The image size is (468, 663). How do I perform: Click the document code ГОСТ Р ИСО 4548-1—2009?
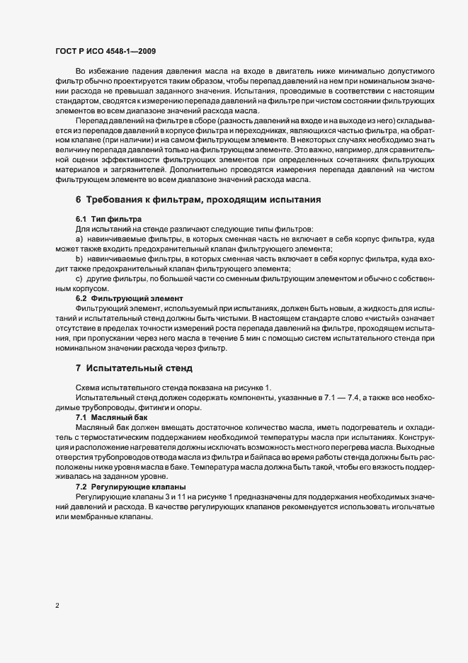click(105, 51)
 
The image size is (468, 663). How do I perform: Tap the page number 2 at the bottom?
click(57, 606)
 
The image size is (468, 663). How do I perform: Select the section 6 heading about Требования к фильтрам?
click(198, 200)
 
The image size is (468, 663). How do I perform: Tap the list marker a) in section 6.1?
click(79, 240)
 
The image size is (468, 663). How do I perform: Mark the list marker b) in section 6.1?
click(79, 259)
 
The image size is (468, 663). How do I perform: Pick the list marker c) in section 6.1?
click(79, 279)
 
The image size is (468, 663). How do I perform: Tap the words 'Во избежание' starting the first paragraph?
click(98, 73)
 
